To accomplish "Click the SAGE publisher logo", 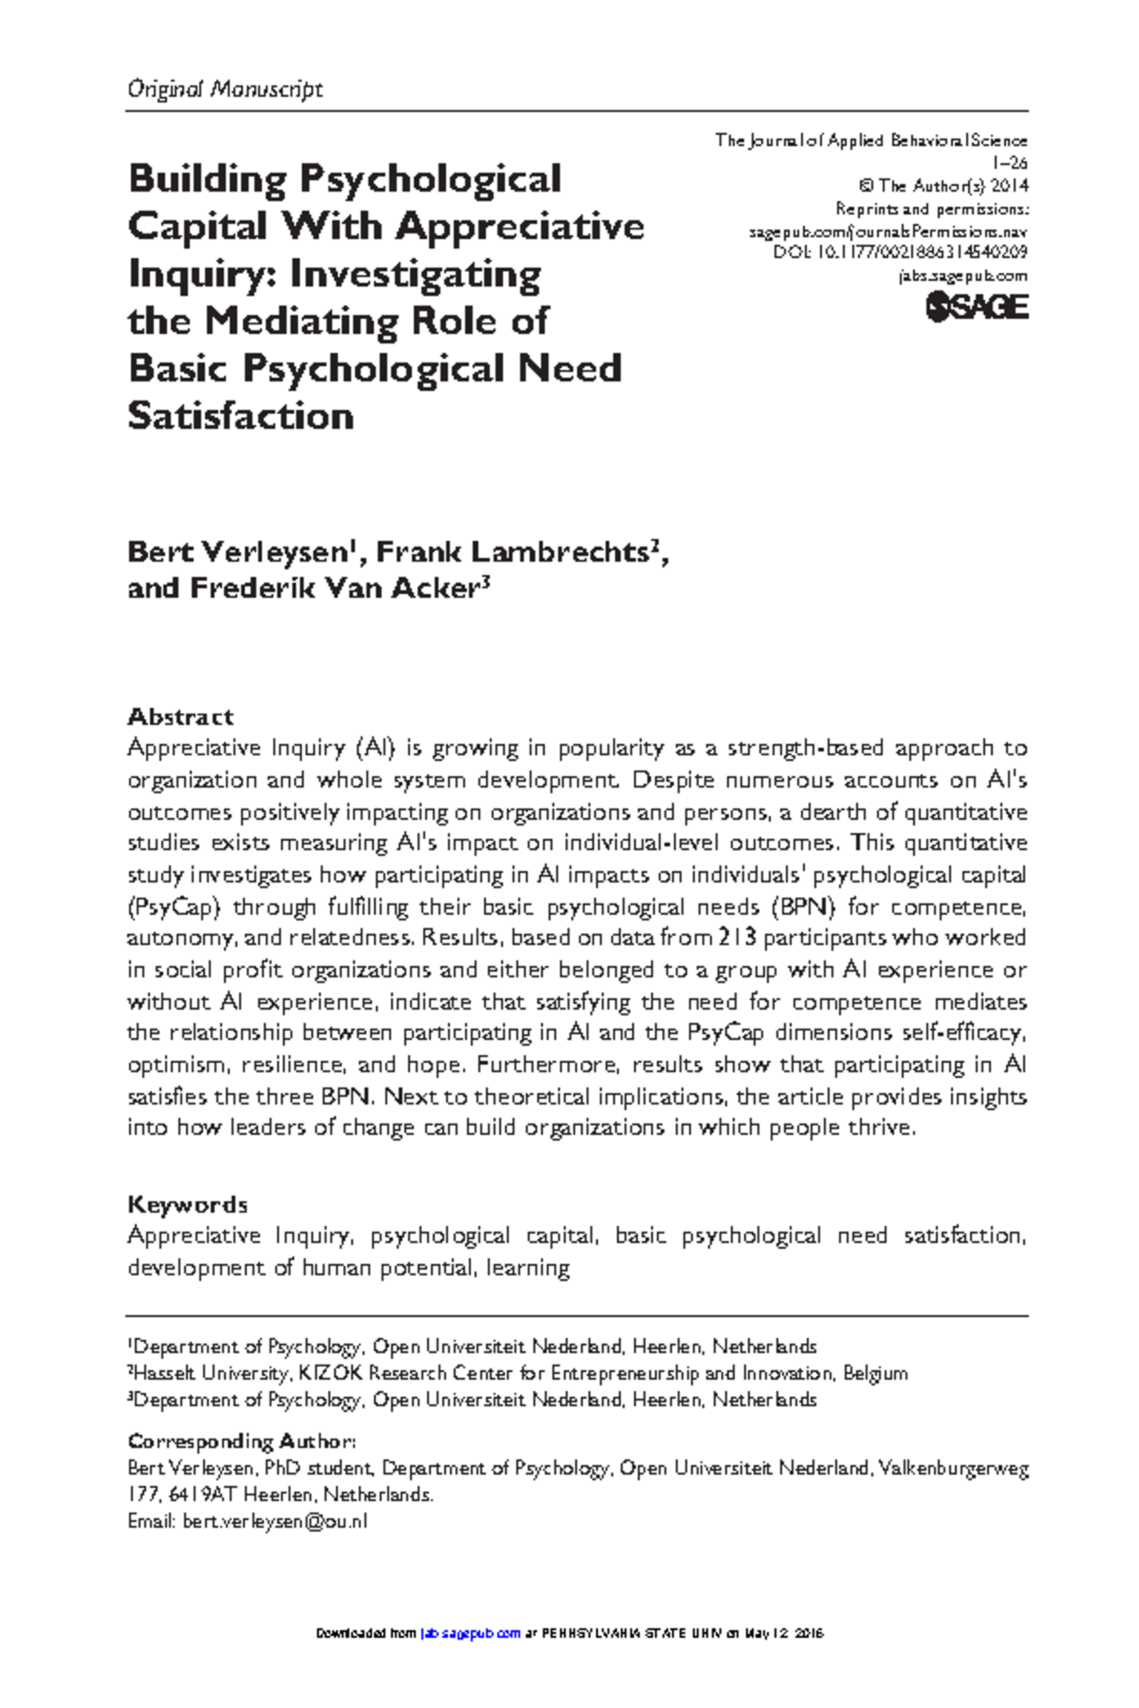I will [x=977, y=306].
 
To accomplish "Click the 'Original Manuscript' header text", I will [x=225, y=89].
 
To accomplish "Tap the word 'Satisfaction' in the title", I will [x=240, y=416].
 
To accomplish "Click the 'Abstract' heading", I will [x=180, y=716].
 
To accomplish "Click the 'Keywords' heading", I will [x=187, y=1204].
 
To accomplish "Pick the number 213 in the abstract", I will [x=738, y=938].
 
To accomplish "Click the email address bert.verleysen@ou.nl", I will [x=274, y=1521].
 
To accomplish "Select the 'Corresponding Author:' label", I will [x=242, y=1440].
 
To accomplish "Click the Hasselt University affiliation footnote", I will [x=518, y=1373].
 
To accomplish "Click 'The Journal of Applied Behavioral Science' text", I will [x=871, y=140].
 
